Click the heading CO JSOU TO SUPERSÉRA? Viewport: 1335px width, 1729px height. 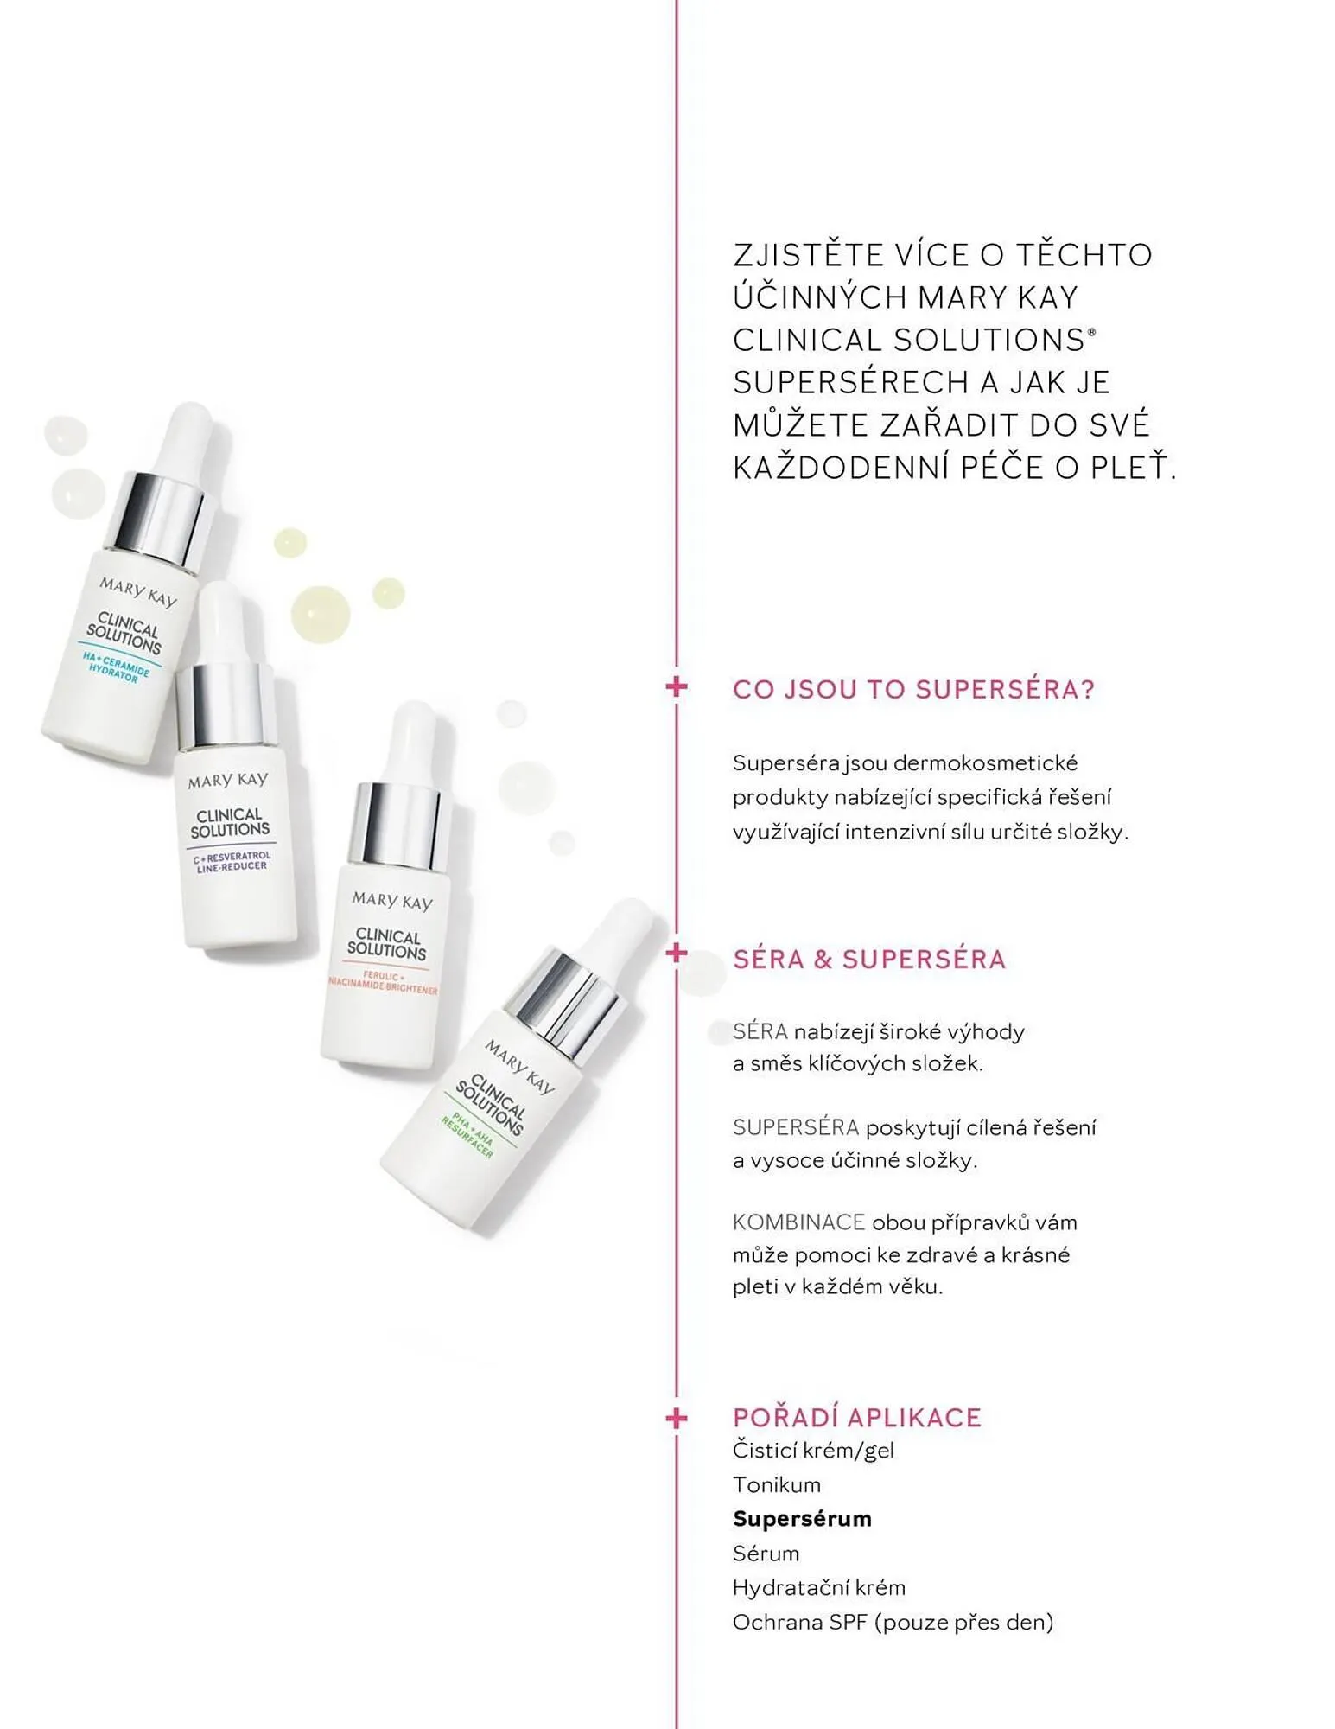[913, 689]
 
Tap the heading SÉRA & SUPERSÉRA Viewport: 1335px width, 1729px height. [869, 959]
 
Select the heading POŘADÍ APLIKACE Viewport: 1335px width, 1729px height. [857, 1417]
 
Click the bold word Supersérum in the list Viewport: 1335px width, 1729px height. [802, 1518]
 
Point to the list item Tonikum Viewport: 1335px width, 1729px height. [776, 1484]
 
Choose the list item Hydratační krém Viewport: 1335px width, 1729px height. [818, 1587]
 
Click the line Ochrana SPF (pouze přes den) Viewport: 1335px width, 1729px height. [893, 1622]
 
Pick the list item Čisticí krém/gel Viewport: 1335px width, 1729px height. [813, 1450]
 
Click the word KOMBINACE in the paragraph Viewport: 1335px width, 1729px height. [798, 1222]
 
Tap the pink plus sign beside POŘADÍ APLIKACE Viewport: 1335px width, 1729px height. [677, 1418]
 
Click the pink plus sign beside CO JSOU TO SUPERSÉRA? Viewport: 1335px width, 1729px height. [677, 687]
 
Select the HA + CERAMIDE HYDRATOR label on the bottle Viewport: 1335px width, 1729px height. [116, 667]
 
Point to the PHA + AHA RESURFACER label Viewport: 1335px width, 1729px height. [467, 1135]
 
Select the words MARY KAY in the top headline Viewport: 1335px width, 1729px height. [997, 297]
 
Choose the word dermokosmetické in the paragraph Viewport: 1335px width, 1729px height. [985, 763]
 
